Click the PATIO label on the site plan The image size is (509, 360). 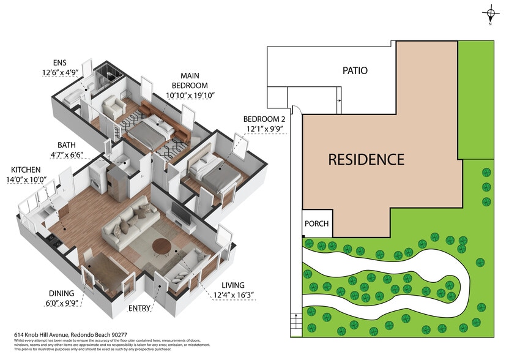click(354, 70)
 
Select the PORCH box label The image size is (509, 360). click(316, 224)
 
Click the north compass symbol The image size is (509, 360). click(490, 13)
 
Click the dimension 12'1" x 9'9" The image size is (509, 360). click(264, 129)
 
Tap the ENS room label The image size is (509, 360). click(60, 64)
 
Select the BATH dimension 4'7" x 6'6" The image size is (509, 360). click(67, 156)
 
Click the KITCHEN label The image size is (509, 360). click(26, 170)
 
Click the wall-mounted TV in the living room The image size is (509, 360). click(181, 213)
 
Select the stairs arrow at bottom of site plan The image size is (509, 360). click(297, 321)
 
